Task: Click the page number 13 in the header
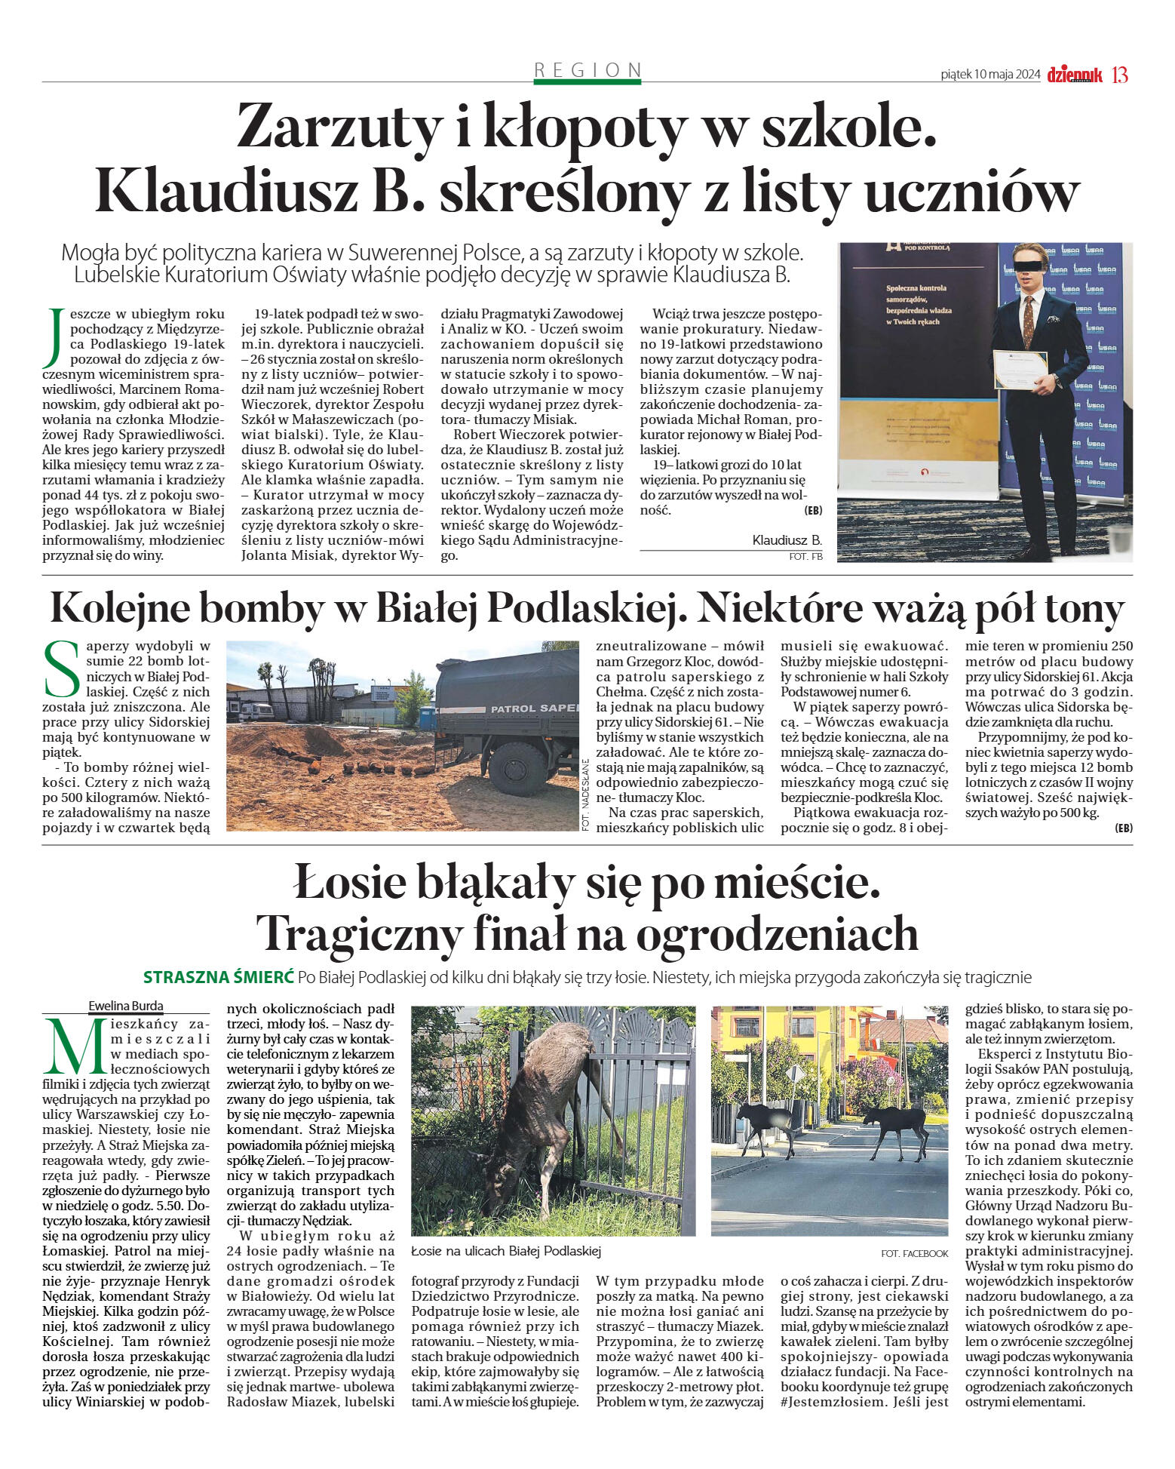click(1120, 75)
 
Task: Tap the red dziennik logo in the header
click(1074, 75)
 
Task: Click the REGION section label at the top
click(587, 70)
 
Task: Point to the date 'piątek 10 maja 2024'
click(990, 75)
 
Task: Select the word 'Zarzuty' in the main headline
click(337, 127)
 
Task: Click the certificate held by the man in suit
click(1020, 370)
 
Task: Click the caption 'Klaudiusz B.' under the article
click(787, 540)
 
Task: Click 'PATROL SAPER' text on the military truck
click(533, 708)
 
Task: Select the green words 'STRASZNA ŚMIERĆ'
click(219, 977)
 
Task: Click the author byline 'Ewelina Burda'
click(126, 1006)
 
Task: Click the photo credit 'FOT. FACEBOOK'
click(914, 1252)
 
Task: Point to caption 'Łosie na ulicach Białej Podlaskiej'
click(506, 1251)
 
